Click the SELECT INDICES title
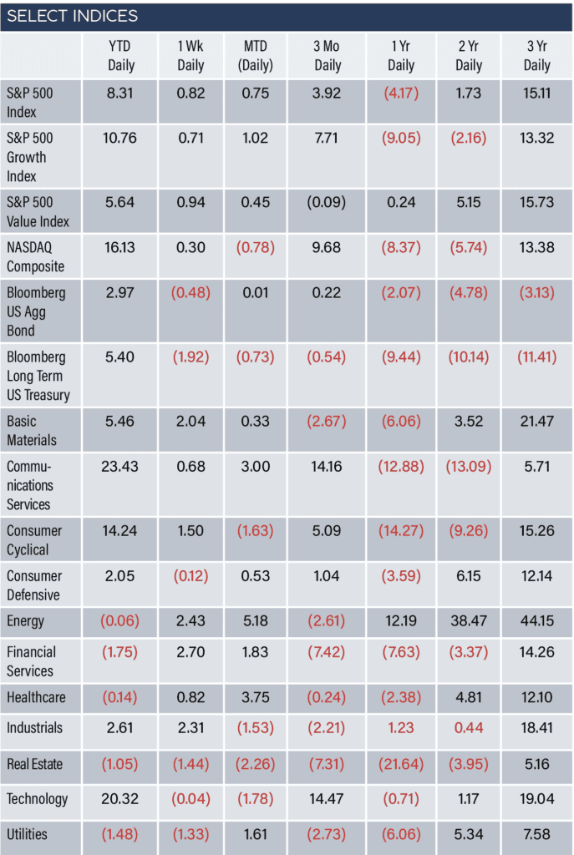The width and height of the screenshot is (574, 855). coord(72,16)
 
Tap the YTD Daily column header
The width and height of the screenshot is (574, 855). coord(120,56)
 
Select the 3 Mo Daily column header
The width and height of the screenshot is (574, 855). coord(327,56)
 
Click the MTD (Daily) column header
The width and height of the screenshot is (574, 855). coord(256,56)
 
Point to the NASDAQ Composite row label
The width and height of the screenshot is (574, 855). coord(35,257)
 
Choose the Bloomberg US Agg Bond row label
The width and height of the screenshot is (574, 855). coord(36,311)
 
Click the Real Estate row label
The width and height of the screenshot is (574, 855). coord(34,764)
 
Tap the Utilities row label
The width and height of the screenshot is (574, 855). coord(27,834)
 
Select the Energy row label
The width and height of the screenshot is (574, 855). coord(25,621)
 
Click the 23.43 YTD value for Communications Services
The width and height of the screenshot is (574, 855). coord(119,467)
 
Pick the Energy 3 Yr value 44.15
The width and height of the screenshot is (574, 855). coord(537,621)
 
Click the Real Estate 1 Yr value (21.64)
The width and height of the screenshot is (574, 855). coord(401,764)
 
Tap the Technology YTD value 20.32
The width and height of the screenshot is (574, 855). coord(119,799)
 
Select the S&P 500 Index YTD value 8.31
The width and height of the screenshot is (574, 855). coord(119,94)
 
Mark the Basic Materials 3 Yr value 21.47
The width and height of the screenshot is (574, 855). coord(537,422)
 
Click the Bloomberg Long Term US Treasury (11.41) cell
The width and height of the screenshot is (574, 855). coord(537,357)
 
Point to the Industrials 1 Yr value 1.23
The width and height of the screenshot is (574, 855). coord(401,728)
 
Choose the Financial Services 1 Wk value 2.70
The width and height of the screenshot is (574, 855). coord(190,652)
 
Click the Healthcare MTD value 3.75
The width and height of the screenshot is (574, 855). coord(256,697)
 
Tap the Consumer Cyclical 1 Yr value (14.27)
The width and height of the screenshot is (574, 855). coord(401,531)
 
